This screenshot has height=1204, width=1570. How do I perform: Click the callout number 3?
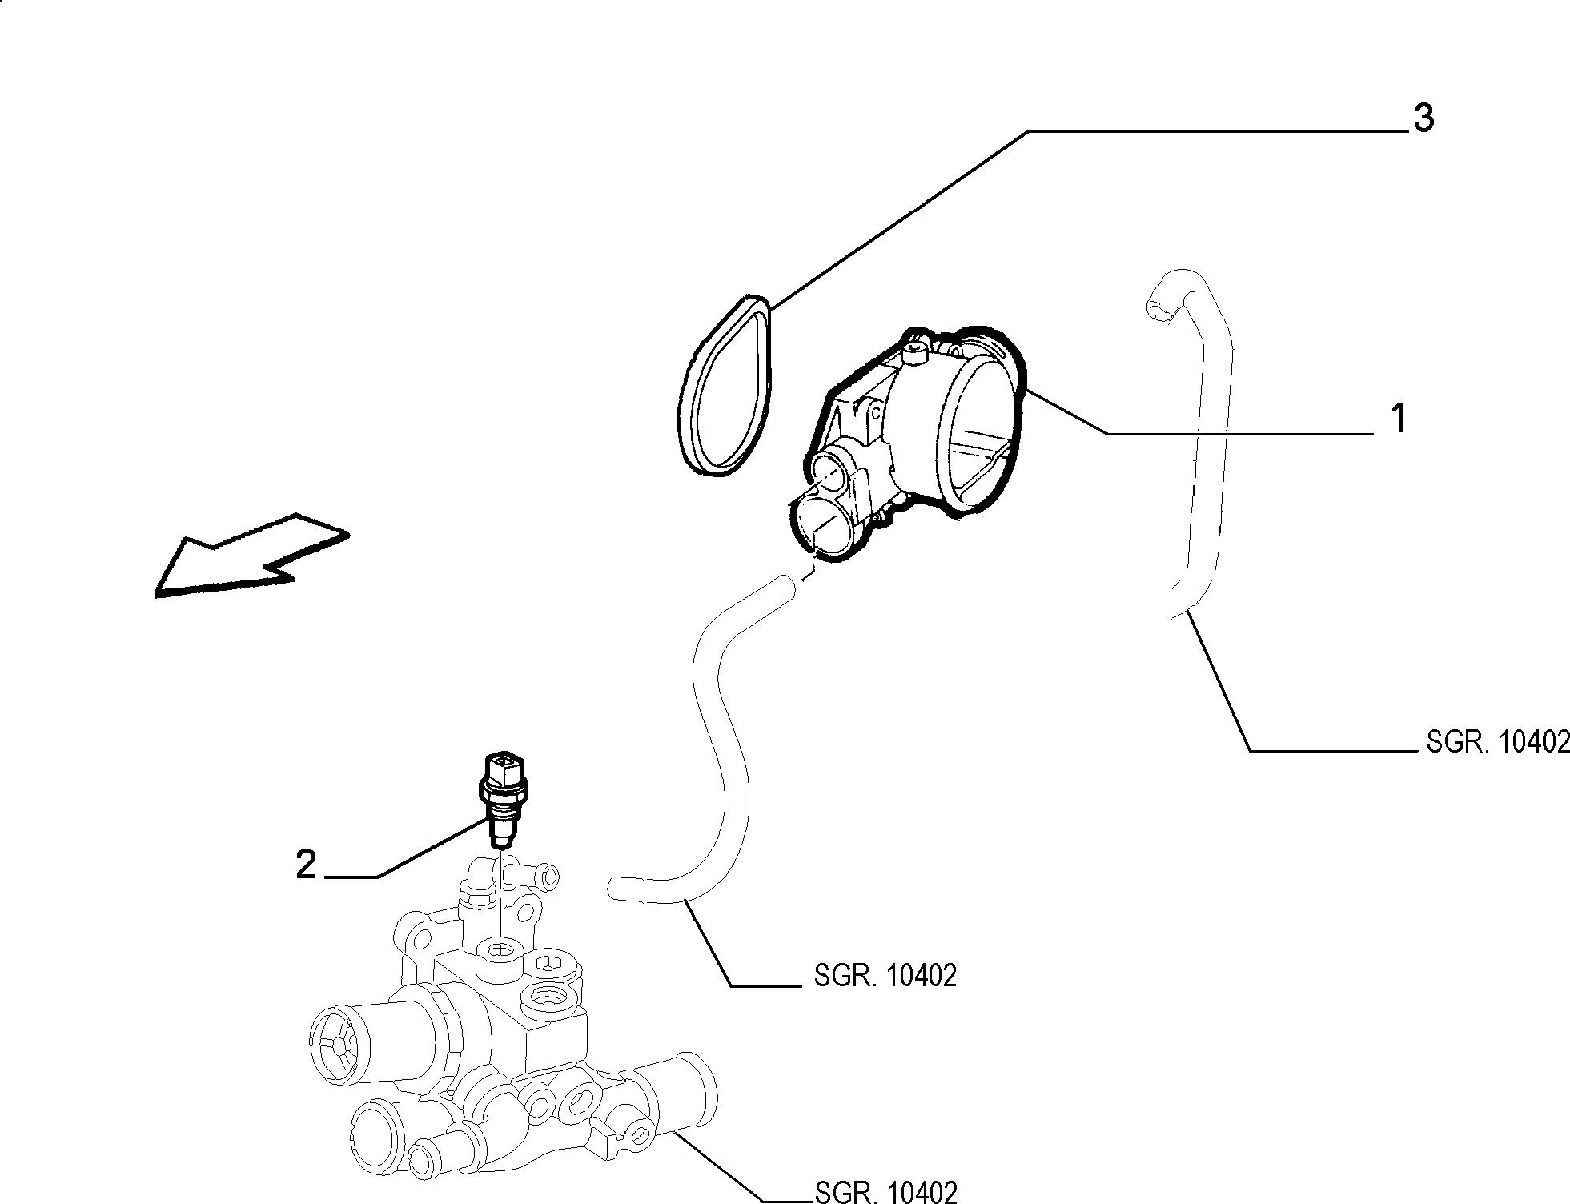(1423, 118)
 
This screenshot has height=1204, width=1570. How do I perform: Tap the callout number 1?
(1398, 419)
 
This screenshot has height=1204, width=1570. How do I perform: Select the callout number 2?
(306, 865)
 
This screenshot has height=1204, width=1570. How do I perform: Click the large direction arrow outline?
(251, 556)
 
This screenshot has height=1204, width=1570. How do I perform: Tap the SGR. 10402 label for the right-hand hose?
(1498, 742)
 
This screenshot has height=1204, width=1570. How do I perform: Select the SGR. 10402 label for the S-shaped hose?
(885, 975)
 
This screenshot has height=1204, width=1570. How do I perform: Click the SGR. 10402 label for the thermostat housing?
(885, 1191)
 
